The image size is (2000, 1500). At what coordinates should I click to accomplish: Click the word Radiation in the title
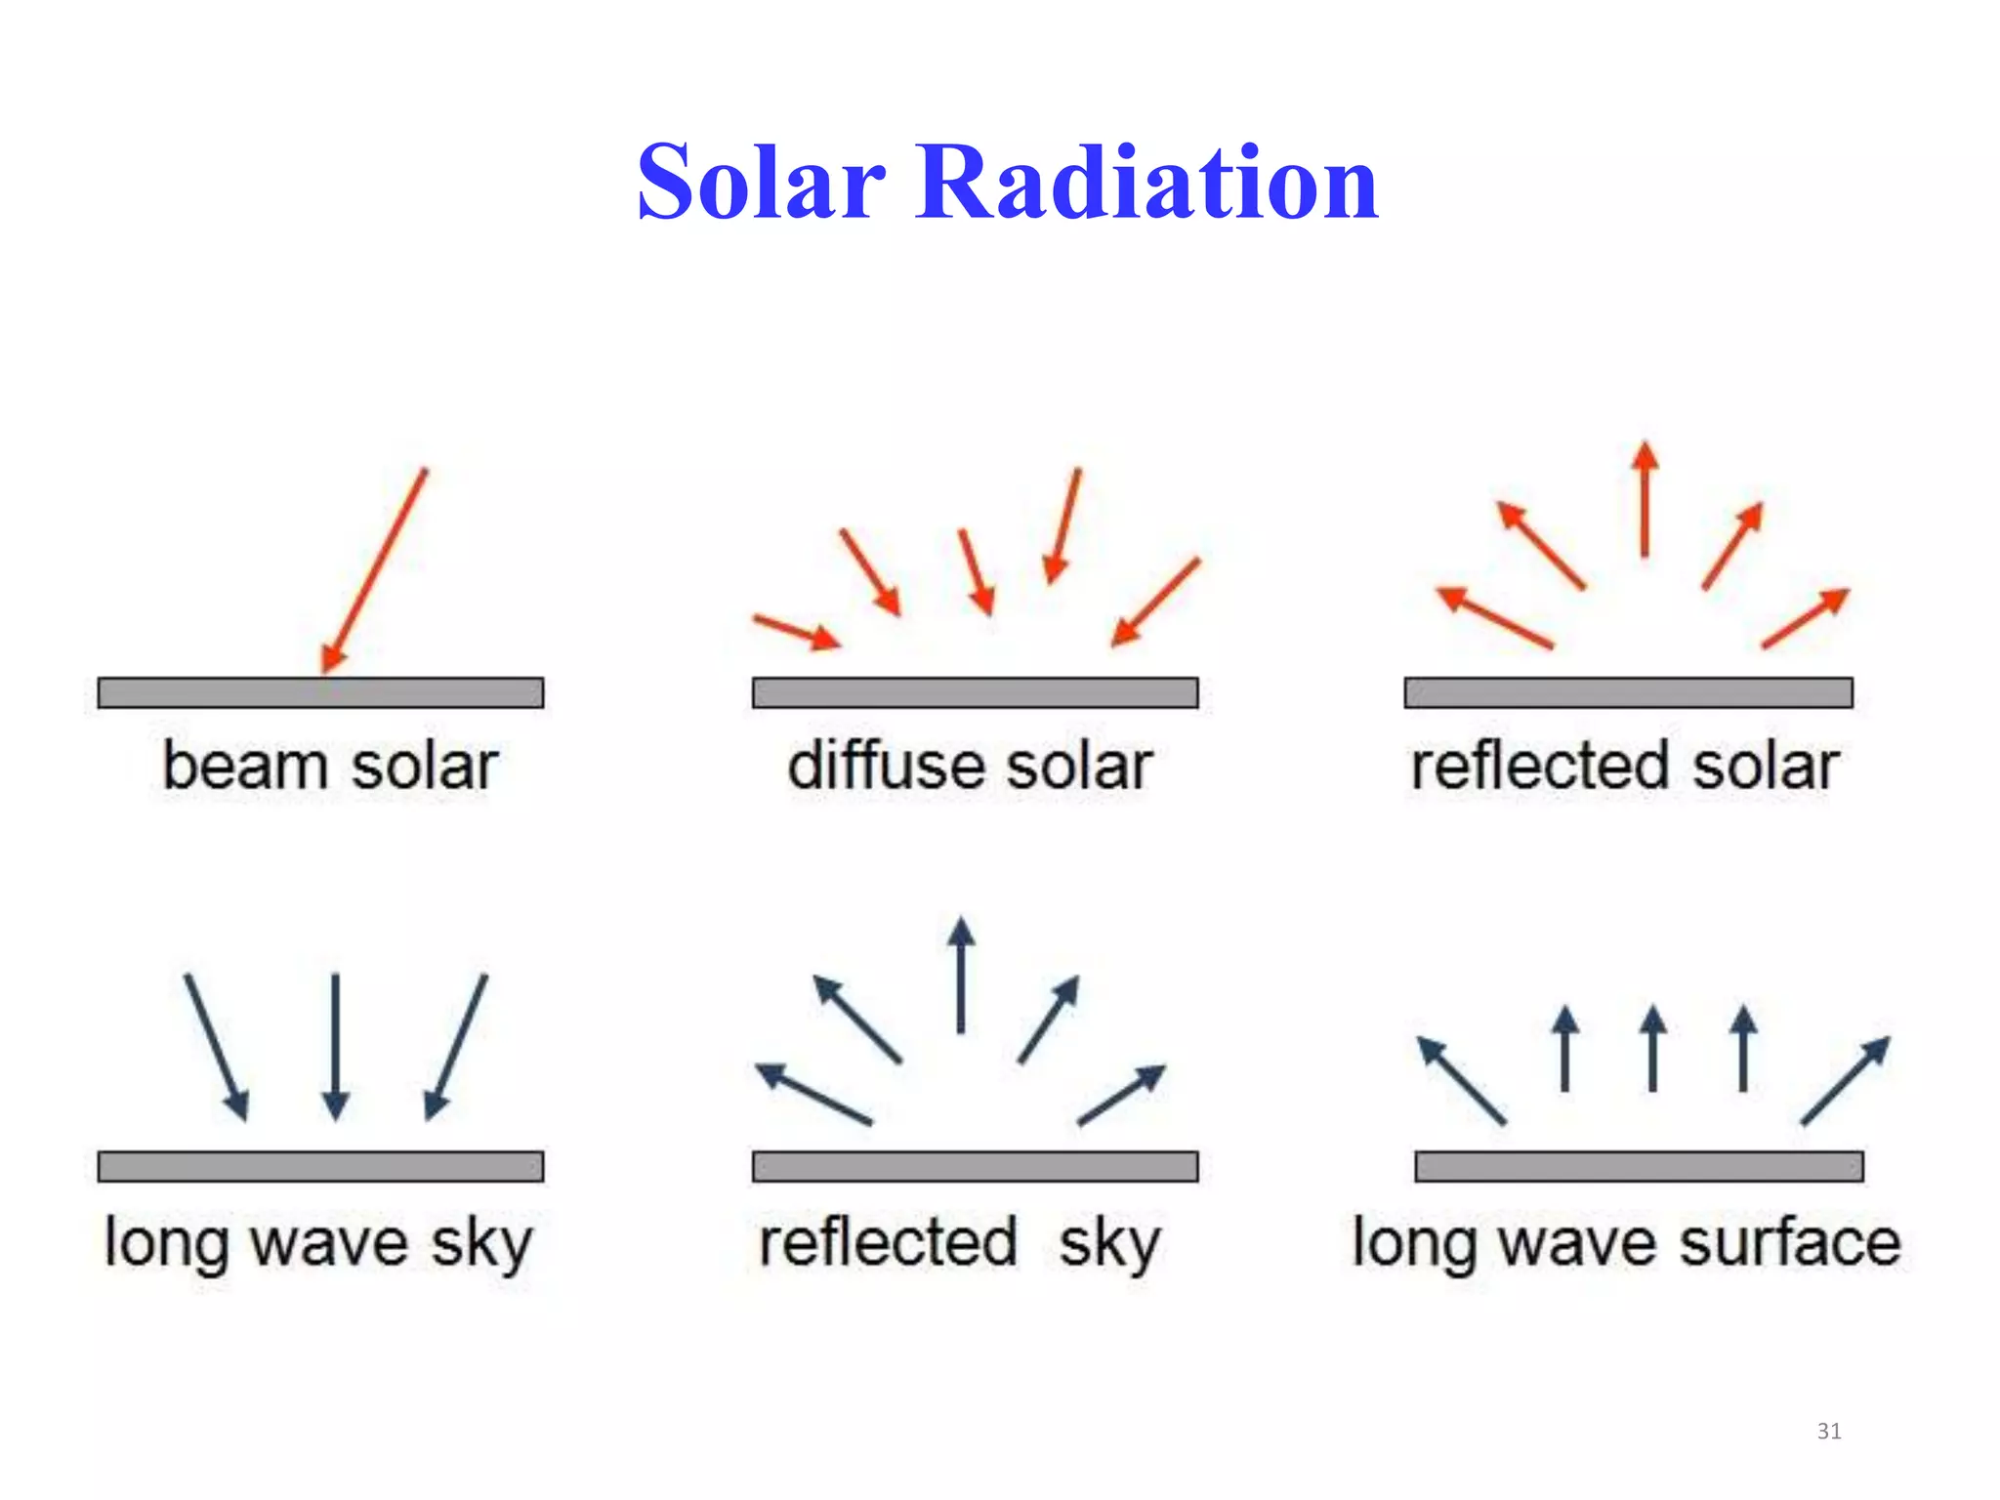(x=1146, y=183)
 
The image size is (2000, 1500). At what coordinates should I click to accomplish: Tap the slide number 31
(x=1829, y=1432)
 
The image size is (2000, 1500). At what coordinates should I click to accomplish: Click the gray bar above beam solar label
(x=320, y=692)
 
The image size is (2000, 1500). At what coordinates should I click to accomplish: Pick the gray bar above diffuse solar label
(x=975, y=692)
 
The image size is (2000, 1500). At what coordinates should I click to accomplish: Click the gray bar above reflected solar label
(x=1628, y=692)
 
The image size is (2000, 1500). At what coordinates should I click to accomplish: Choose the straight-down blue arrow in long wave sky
(x=335, y=1045)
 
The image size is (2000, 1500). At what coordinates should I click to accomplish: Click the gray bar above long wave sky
(x=320, y=1166)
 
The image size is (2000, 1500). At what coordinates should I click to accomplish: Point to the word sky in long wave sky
(x=482, y=1243)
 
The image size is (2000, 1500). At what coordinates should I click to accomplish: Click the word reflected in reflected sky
(x=889, y=1242)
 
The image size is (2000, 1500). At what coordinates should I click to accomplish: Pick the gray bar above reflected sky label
(x=975, y=1166)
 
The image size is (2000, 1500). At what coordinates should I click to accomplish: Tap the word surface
(x=1790, y=1242)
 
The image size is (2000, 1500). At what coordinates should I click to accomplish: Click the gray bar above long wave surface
(x=1639, y=1166)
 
